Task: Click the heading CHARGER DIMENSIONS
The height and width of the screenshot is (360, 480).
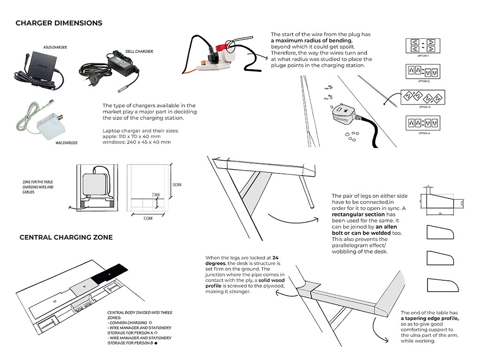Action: coord(59,23)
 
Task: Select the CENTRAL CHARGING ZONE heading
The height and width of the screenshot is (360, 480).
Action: coord(66,238)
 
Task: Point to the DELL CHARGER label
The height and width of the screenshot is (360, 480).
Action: coord(139,52)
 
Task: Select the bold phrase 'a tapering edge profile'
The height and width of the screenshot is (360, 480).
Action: coord(430,319)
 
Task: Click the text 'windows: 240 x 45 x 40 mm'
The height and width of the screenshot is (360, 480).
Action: coord(136,142)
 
